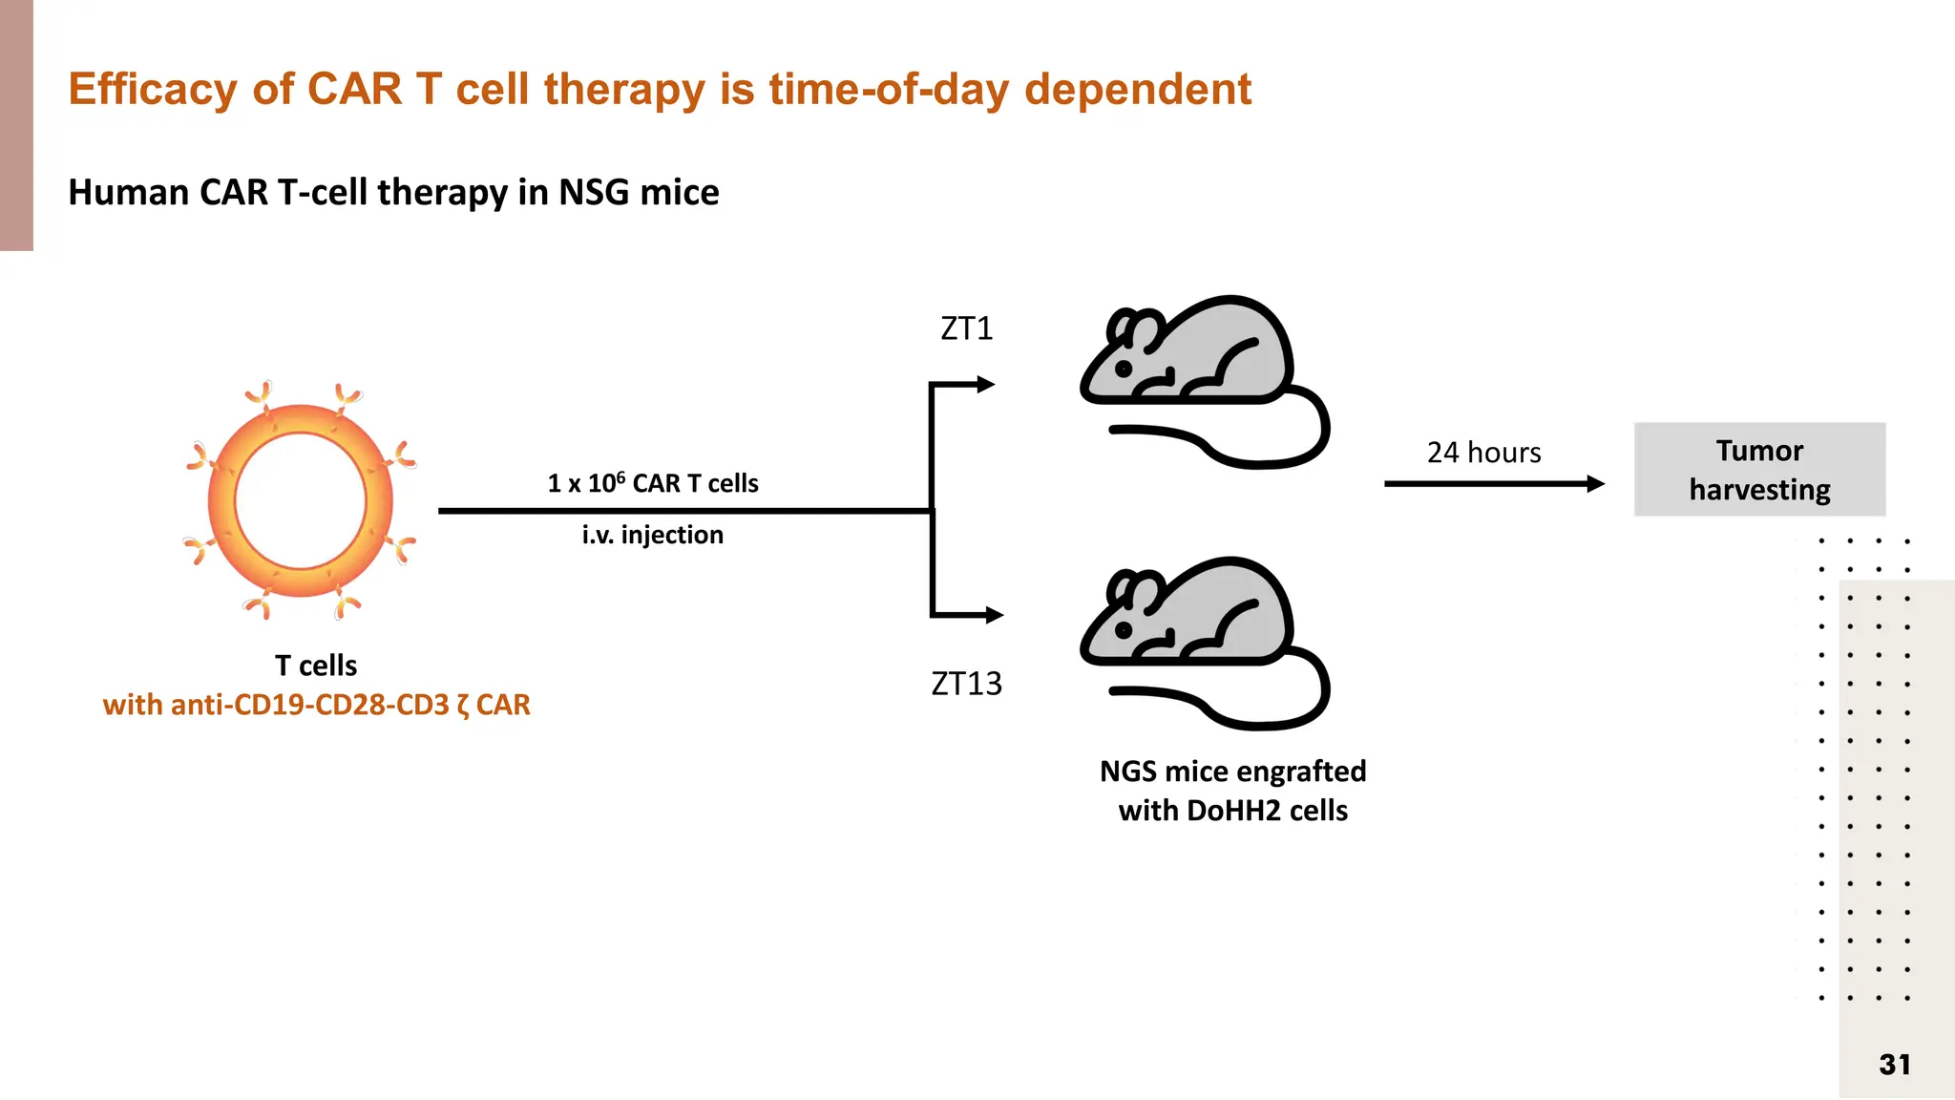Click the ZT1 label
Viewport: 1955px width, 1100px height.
967,328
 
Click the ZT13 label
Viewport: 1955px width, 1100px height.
967,684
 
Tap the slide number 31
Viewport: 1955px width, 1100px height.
1895,1065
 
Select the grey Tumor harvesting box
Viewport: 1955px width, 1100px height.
1759,470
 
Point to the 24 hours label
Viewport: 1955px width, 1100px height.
1483,453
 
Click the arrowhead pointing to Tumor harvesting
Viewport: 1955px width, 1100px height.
1596,484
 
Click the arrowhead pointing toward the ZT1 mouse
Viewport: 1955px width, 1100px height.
986,385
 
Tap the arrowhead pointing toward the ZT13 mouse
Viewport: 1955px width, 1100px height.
995,615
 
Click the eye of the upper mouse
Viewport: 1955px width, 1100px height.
1125,369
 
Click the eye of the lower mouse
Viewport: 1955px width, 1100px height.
1125,630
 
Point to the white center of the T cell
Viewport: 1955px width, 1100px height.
301,501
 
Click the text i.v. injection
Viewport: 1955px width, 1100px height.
653,535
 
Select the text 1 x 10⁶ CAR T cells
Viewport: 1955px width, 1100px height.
653,482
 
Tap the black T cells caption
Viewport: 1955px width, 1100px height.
316,666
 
